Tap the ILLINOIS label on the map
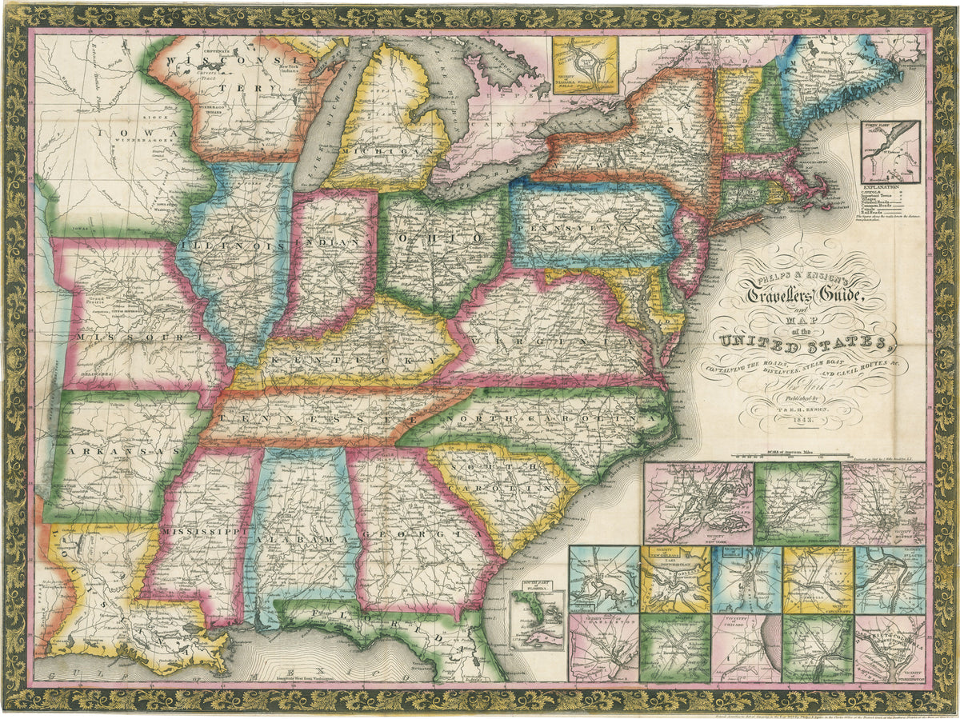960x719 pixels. pos(232,246)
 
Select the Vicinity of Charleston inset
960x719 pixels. pos(604,648)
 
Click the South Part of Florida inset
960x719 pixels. pos(538,621)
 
